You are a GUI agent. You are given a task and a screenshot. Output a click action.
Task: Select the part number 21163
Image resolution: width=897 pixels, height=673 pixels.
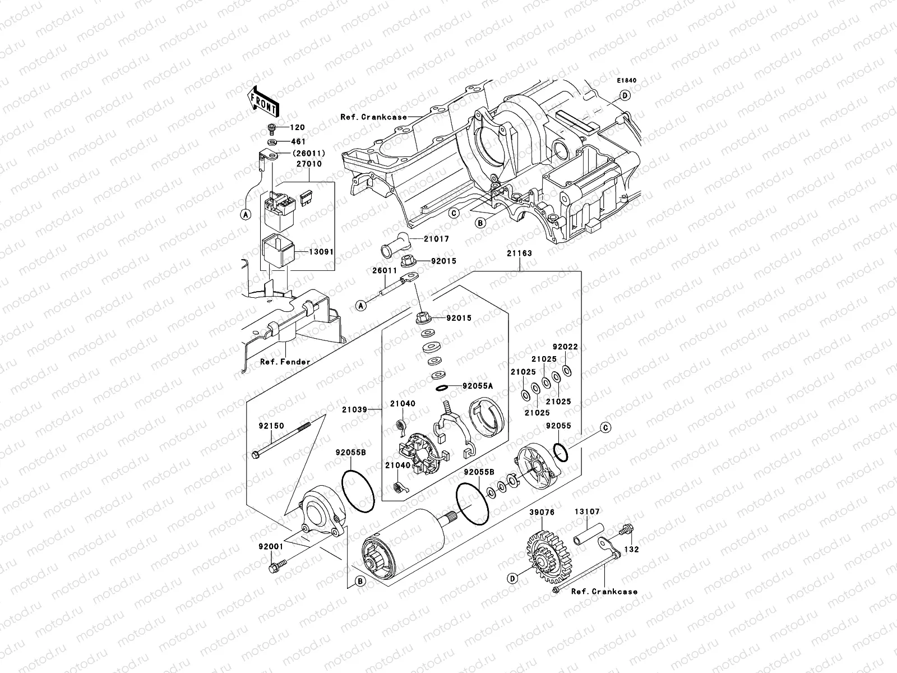tap(520, 253)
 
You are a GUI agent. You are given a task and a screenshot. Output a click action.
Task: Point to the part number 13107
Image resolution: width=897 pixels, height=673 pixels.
tap(586, 511)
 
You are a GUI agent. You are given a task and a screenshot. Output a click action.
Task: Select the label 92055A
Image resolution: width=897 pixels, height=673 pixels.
tap(478, 386)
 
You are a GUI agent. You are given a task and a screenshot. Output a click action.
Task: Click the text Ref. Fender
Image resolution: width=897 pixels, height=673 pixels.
tap(285, 362)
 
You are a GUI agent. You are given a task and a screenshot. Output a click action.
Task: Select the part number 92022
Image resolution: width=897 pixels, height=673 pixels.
tap(565, 347)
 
